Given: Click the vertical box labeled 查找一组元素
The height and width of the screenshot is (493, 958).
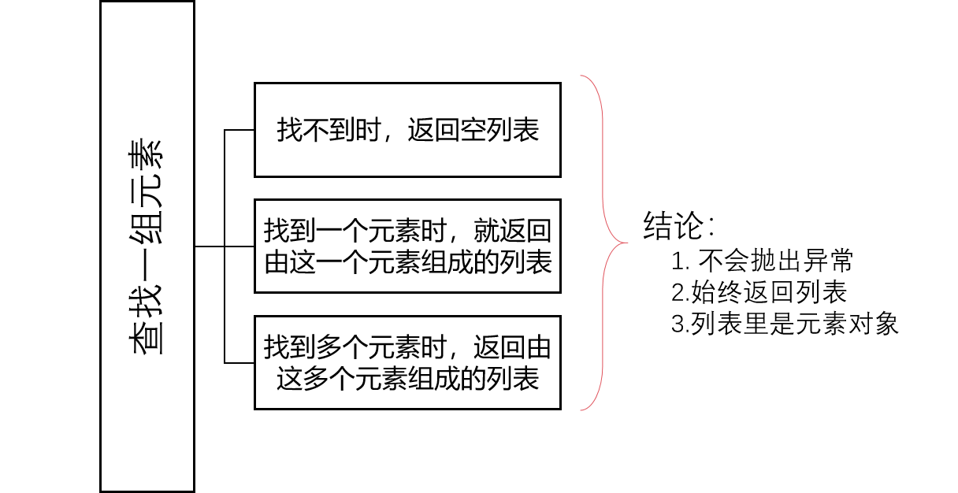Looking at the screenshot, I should (x=147, y=246).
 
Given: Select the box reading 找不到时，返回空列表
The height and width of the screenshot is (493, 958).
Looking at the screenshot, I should (x=407, y=129).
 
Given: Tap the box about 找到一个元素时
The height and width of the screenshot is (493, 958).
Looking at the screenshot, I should (x=407, y=246).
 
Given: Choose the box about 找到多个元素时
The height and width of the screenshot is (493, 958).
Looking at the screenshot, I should (x=407, y=362).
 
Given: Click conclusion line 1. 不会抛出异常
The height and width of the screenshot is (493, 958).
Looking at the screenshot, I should (x=763, y=261).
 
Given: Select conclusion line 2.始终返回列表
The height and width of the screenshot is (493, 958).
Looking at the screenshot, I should (x=759, y=292).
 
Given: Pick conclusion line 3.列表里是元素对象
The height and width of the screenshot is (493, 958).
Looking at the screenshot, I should (x=785, y=324).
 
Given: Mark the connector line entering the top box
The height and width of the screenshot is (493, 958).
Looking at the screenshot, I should (x=239, y=129).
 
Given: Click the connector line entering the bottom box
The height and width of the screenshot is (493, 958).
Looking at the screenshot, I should (x=239, y=362).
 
